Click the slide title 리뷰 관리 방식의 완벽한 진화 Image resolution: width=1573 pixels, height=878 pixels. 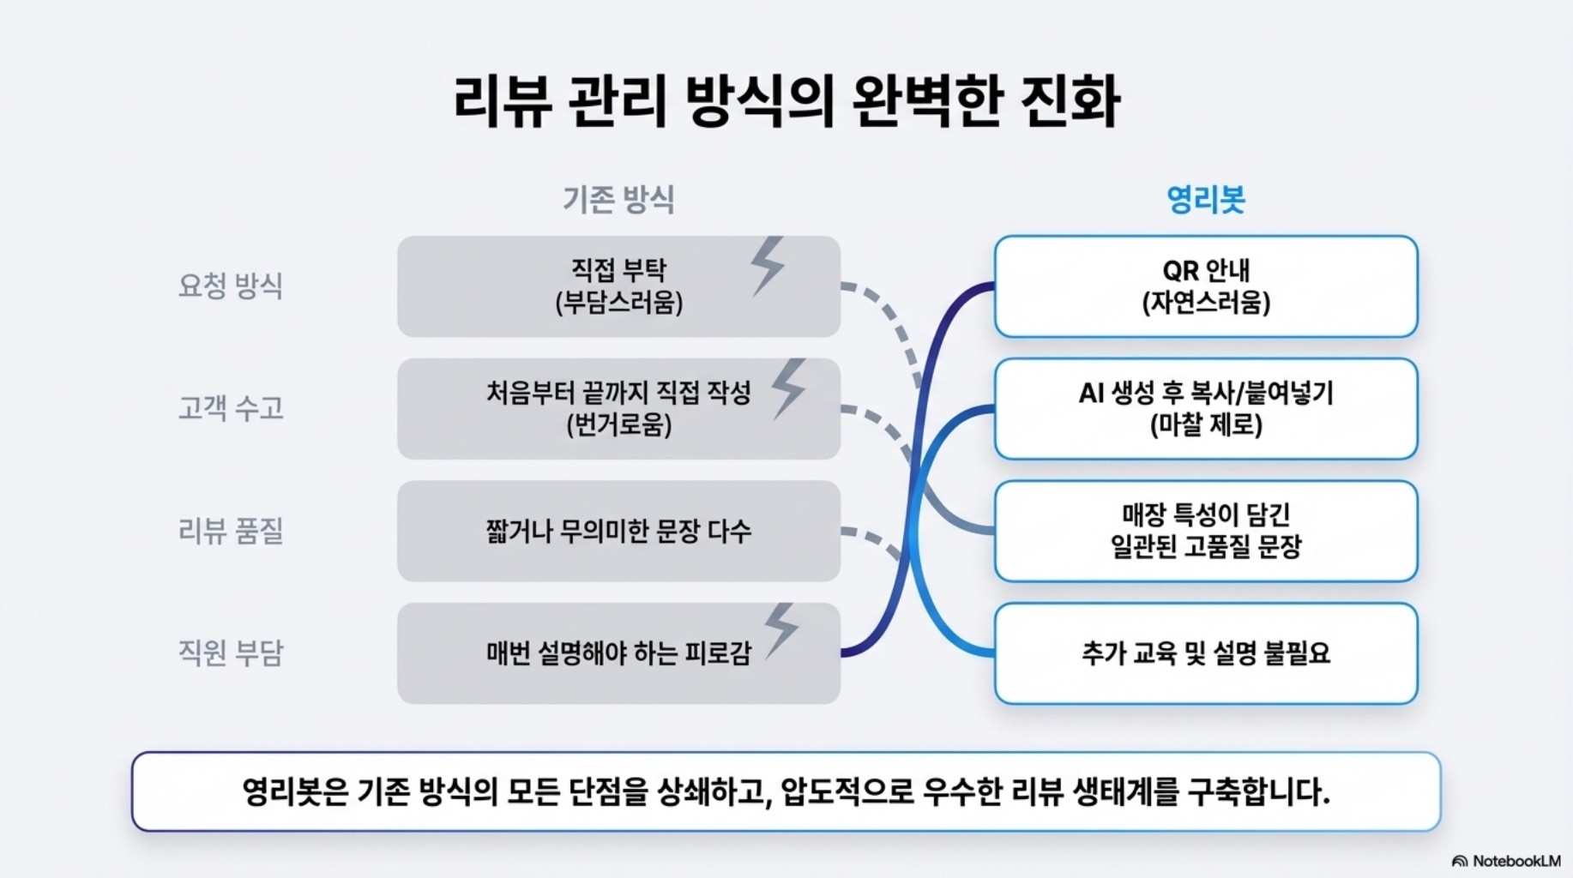point(786,102)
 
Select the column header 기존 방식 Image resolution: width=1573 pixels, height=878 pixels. point(618,200)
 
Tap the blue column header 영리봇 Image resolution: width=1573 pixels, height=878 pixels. point(1205,200)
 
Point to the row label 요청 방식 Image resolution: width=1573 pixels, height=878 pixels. point(230,286)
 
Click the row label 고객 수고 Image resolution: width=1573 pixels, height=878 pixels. point(230,408)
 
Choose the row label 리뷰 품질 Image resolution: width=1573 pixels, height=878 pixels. point(230,531)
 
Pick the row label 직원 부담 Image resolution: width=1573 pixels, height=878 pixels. point(230,653)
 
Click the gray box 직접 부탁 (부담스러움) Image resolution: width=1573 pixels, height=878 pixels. point(618,286)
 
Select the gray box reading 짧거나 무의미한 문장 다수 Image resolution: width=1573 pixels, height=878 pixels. point(618,531)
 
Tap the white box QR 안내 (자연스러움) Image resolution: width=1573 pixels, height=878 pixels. point(1205,286)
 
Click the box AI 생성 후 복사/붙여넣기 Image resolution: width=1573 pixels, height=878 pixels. point(1205,408)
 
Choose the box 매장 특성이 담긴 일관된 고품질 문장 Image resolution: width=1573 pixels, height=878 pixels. point(1205,531)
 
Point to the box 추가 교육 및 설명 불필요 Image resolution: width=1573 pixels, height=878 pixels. point(1205,653)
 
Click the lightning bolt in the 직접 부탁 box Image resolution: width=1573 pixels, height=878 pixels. point(768,267)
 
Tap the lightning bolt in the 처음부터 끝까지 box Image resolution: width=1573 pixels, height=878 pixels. point(788,388)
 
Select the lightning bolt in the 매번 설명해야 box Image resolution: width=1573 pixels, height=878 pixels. point(780,630)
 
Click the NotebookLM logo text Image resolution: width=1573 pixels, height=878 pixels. point(1515,861)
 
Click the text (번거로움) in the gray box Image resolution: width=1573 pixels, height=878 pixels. point(618,425)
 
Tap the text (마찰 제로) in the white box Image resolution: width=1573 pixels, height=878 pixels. point(1205,425)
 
